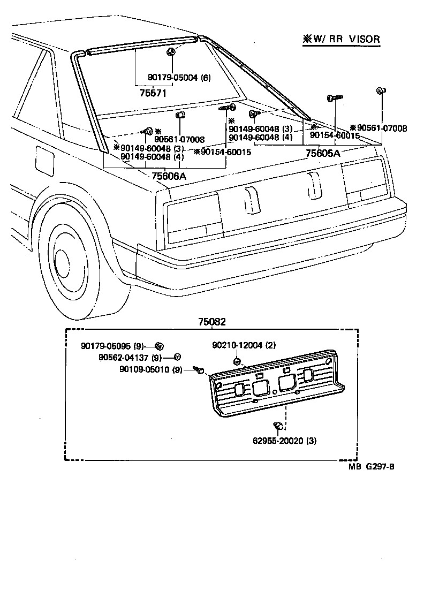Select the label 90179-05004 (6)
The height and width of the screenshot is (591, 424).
(179, 78)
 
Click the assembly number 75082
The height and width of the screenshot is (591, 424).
(212, 322)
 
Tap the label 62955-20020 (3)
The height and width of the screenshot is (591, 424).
(284, 442)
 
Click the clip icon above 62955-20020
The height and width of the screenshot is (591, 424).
(278, 426)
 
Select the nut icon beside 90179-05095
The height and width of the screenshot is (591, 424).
(159, 345)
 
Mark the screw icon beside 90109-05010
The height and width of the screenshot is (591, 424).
(201, 369)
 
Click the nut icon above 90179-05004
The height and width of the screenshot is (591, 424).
(170, 51)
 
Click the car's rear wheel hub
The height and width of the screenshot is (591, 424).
(63, 263)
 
